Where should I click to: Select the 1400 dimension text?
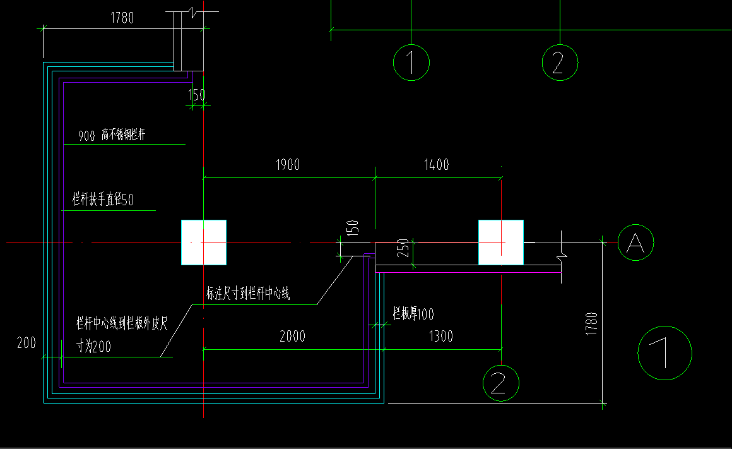click(x=436, y=165)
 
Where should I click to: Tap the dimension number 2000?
click(x=292, y=336)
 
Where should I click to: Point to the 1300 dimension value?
click(x=440, y=336)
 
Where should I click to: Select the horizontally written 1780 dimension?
click(x=122, y=18)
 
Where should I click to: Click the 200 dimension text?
click(x=27, y=343)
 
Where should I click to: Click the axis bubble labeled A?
click(x=635, y=242)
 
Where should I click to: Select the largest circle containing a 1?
click(x=664, y=353)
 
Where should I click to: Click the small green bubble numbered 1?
click(x=411, y=62)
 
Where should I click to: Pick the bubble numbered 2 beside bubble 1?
click(x=560, y=62)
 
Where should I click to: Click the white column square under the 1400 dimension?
click(x=500, y=242)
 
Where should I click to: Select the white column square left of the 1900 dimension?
click(x=203, y=242)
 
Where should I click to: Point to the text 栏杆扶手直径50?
click(x=103, y=201)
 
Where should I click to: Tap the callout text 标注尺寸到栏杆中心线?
click(x=248, y=294)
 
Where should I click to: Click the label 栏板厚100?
click(x=413, y=314)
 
